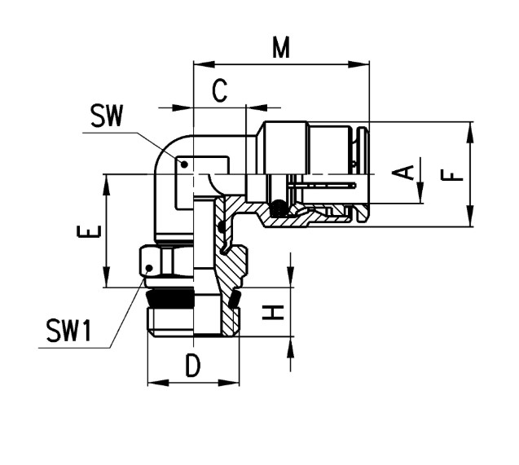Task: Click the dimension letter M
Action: coord(281,47)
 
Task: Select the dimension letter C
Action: coord(220,90)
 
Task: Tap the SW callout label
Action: coord(107,116)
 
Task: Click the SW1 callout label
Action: coord(68,330)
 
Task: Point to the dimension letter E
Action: coord(88,231)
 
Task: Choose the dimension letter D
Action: coord(193,366)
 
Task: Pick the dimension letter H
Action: coord(273,313)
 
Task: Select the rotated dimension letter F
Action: coord(452,174)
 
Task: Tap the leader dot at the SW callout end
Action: coord(184,164)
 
